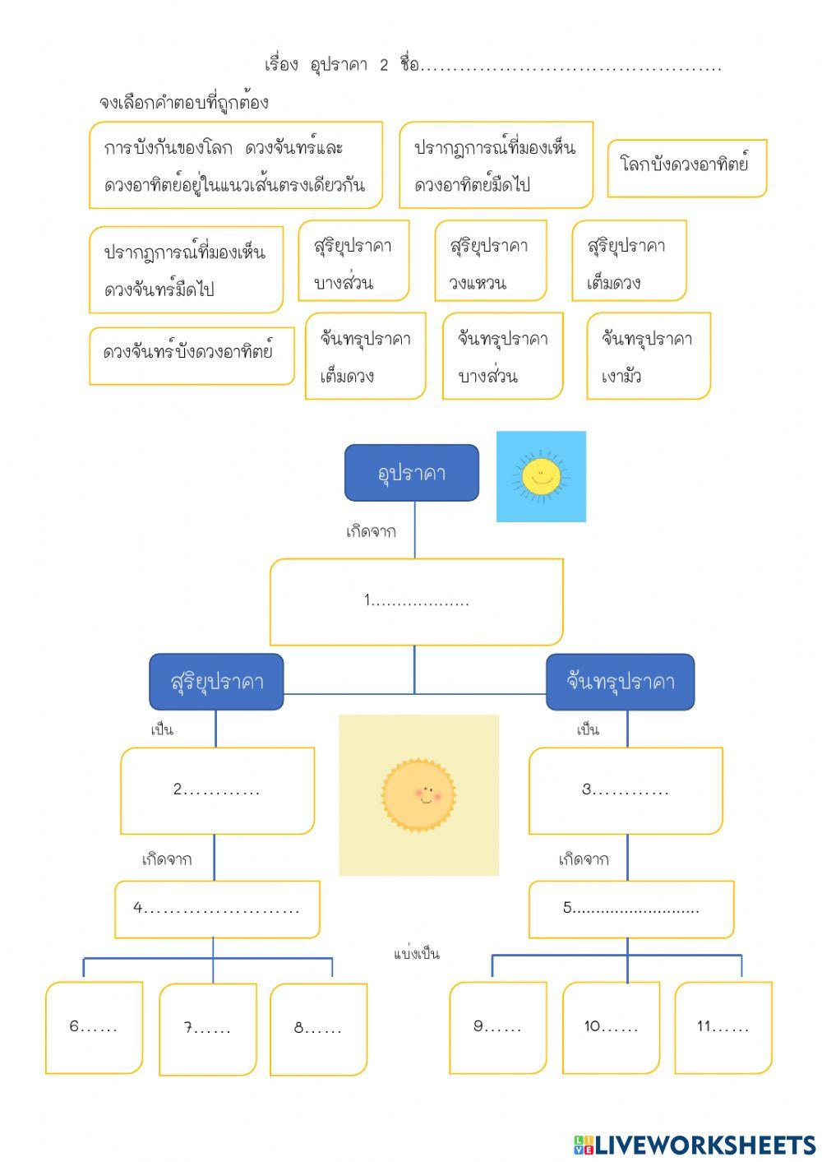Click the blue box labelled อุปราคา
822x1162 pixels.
(411, 473)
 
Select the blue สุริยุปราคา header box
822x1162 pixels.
(216, 682)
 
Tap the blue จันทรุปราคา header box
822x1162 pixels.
(620, 682)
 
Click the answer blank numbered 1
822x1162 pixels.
(416, 602)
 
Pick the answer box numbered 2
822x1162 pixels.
(217, 790)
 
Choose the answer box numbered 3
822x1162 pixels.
(626, 790)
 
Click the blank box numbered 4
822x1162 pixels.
(217, 909)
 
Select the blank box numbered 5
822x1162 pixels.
(630, 909)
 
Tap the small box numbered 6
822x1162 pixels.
(94, 1027)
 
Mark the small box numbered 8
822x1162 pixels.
(318, 1028)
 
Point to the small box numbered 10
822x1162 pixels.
(611, 1027)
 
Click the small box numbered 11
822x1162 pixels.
(723, 1027)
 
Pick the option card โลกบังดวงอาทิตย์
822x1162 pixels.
(686, 168)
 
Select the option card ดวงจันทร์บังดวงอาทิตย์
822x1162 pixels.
(191, 355)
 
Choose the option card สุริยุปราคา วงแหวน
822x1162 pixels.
(490, 261)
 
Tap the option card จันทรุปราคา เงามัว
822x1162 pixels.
(648, 356)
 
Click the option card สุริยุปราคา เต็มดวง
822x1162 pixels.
(629, 261)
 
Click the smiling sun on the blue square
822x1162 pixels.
(541, 476)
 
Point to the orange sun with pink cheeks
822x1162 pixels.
(418, 794)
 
